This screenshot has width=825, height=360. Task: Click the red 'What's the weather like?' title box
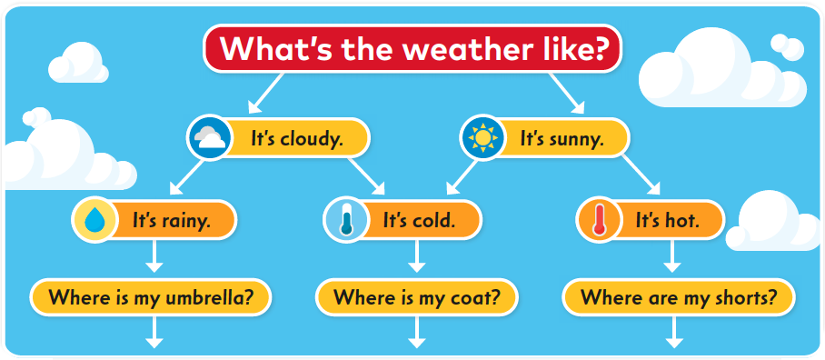pyautogui.click(x=412, y=48)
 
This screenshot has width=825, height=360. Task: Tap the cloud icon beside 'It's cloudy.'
pyautogui.click(x=209, y=138)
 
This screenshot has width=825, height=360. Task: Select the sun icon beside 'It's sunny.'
pyautogui.click(x=482, y=138)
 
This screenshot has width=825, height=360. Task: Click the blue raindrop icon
pyautogui.click(x=94, y=220)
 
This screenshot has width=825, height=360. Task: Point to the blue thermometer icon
pyautogui.click(x=345, y=220)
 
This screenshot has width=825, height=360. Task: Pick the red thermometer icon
pyautogui.click(x=599, y=220)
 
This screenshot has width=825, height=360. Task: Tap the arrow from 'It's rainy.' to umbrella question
pyautogui.click(x=154, y=255)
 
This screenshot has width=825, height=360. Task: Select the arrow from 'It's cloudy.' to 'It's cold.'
pyautogui.click(x=366, y=176)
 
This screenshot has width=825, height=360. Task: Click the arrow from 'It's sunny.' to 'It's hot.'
pyautogui.click(x=641, y=175)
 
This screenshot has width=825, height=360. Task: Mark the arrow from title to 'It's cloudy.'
pyautogui.click(x=266, y=93)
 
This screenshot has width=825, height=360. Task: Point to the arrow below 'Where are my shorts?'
pyautogui.click(x=674, y=332)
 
